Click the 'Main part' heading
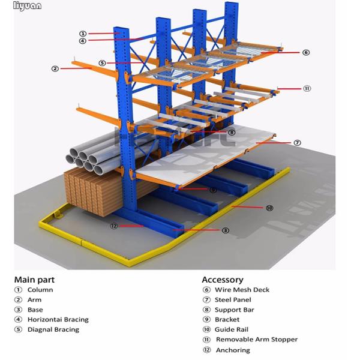coord(34,279)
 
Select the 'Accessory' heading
coord(223,279)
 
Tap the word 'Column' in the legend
coord(40,290)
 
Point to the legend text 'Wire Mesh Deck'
coord(242,290)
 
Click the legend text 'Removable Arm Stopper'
coord(256,340)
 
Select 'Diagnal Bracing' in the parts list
coord(53,329)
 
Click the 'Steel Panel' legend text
coord(233,299)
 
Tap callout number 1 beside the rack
coord(82,34)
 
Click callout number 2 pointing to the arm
coord(55,68)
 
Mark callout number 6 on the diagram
coord(305,52)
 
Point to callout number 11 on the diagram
coord(307,88)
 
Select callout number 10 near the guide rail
coord(269,208)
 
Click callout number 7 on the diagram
coord(296,143)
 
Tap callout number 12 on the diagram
coord(113,226)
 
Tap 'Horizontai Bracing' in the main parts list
coord(58,320)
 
